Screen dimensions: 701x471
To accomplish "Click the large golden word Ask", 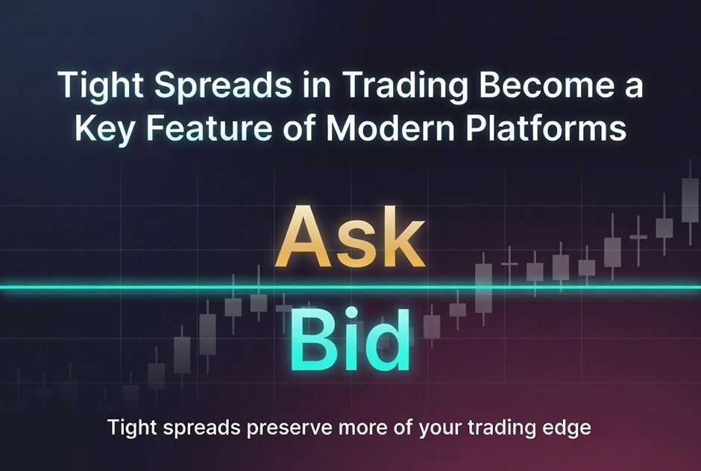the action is (350, 237).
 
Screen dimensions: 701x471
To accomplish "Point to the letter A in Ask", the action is (305, 237).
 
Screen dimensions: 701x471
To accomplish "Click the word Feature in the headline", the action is (210, 128).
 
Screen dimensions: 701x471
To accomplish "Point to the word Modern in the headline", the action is (389, 128).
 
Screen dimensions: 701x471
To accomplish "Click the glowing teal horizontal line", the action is (350, 287).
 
